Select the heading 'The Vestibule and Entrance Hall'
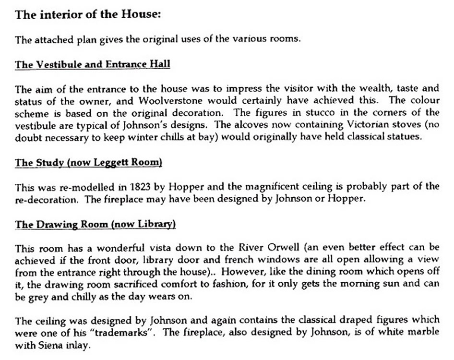(x=92, y=64)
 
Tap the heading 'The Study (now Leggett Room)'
(x=88, y=163)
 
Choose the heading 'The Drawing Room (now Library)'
(x=96, y=224)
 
